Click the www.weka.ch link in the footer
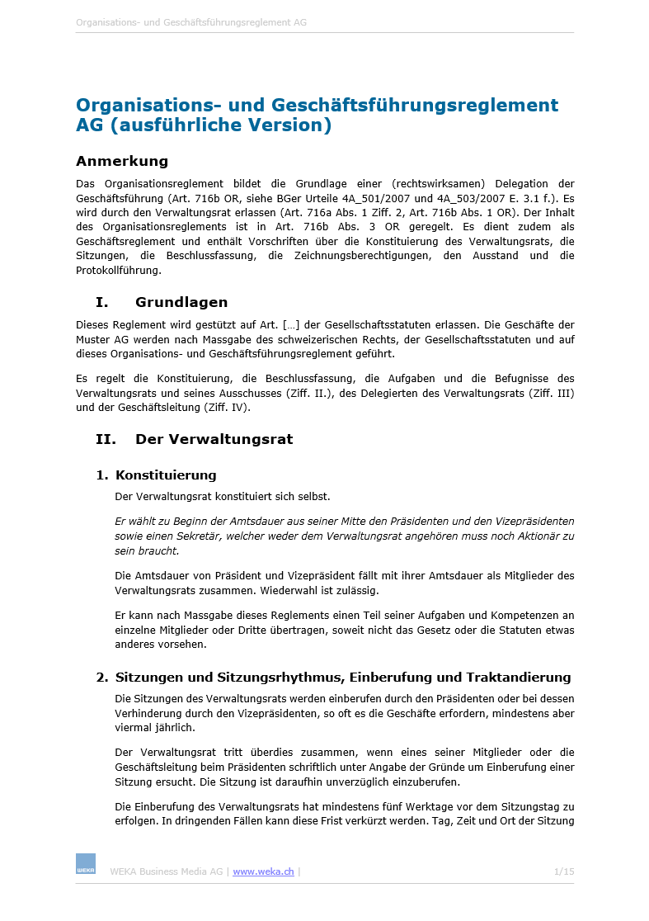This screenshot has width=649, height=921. point(263,871)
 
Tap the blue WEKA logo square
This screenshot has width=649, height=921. point(86,863)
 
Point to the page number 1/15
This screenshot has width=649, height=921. point(564,871)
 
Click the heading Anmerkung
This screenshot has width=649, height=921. point(122,161)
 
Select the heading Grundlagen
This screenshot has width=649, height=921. point(181,302)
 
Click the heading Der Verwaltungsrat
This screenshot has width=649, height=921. point(214,439)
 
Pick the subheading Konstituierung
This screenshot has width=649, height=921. point(166,475)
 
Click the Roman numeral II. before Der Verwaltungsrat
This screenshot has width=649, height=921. point(106,439)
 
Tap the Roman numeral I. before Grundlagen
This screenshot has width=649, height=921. point(102,302)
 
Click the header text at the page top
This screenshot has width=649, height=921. point(191,22)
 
